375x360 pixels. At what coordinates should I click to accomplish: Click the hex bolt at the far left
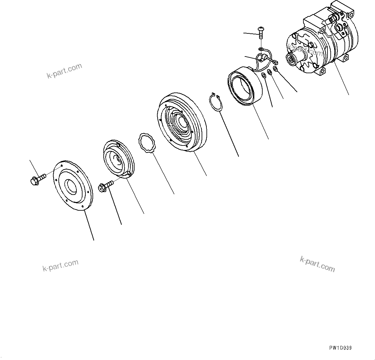pos(36,179)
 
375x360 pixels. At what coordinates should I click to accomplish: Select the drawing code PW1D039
pos(340,348)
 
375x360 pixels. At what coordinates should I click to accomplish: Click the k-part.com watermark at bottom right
pos(317,264)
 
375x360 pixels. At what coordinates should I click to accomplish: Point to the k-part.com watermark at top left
pos(64,71)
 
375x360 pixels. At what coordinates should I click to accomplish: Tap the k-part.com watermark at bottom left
pos(60,265)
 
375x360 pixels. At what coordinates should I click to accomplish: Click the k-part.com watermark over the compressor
pos(305,50)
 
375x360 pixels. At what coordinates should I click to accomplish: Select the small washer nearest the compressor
pos(275,69)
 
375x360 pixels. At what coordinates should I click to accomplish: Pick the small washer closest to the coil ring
pos(264,75)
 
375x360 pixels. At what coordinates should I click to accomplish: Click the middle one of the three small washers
pos(270,72)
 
